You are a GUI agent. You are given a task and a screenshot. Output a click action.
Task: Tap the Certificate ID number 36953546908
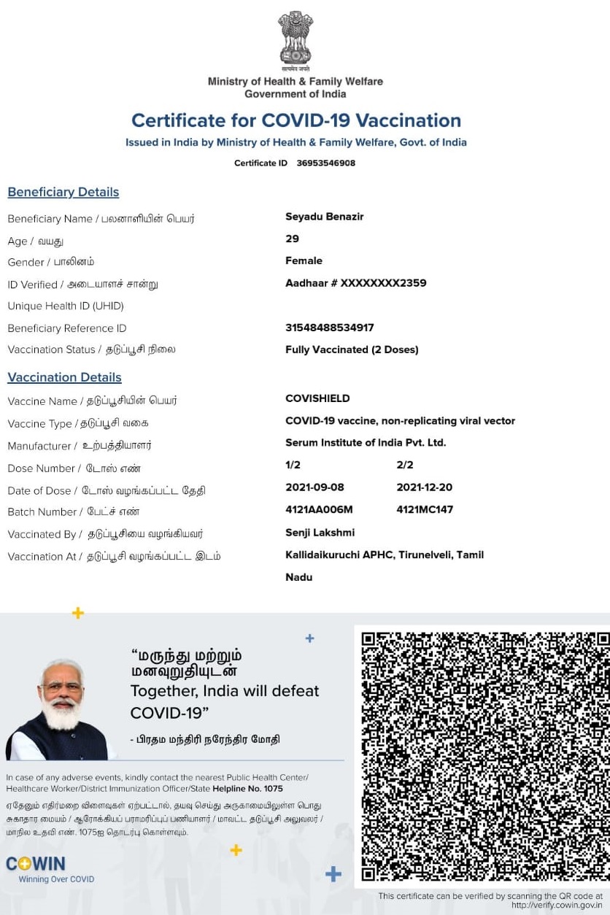click(325, 163)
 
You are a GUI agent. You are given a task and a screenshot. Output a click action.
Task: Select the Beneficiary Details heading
click(63, 192)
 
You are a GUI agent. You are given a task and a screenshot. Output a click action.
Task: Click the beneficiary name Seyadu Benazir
click(324, 217)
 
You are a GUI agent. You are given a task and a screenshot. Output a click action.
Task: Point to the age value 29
click(292, 239)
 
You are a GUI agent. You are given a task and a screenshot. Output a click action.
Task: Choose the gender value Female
click(304, 260)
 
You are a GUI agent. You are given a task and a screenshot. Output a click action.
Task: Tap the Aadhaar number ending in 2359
click(355, 283)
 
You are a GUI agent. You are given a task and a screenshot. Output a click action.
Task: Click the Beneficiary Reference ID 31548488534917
click(329, 328)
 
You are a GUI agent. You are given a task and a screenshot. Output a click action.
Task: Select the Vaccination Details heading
click(64, 377)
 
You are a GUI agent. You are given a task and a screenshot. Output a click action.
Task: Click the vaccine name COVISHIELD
click(317, 398)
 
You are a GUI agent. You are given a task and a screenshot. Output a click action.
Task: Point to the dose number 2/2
click(405, 465)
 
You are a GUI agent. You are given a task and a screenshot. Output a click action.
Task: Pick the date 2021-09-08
click(314, 487)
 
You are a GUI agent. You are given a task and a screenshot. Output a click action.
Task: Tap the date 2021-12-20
click(424, 487)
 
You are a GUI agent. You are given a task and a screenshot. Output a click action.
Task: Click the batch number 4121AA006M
click(319, 509)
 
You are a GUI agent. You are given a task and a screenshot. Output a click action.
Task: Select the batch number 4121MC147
click(425, 509)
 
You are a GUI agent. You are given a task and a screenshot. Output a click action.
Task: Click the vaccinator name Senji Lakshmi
click(320, 533)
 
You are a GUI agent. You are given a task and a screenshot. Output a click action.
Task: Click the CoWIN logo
click(36, 864)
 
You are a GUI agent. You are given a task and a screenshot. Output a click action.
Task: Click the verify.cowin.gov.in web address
click(557, 906)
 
